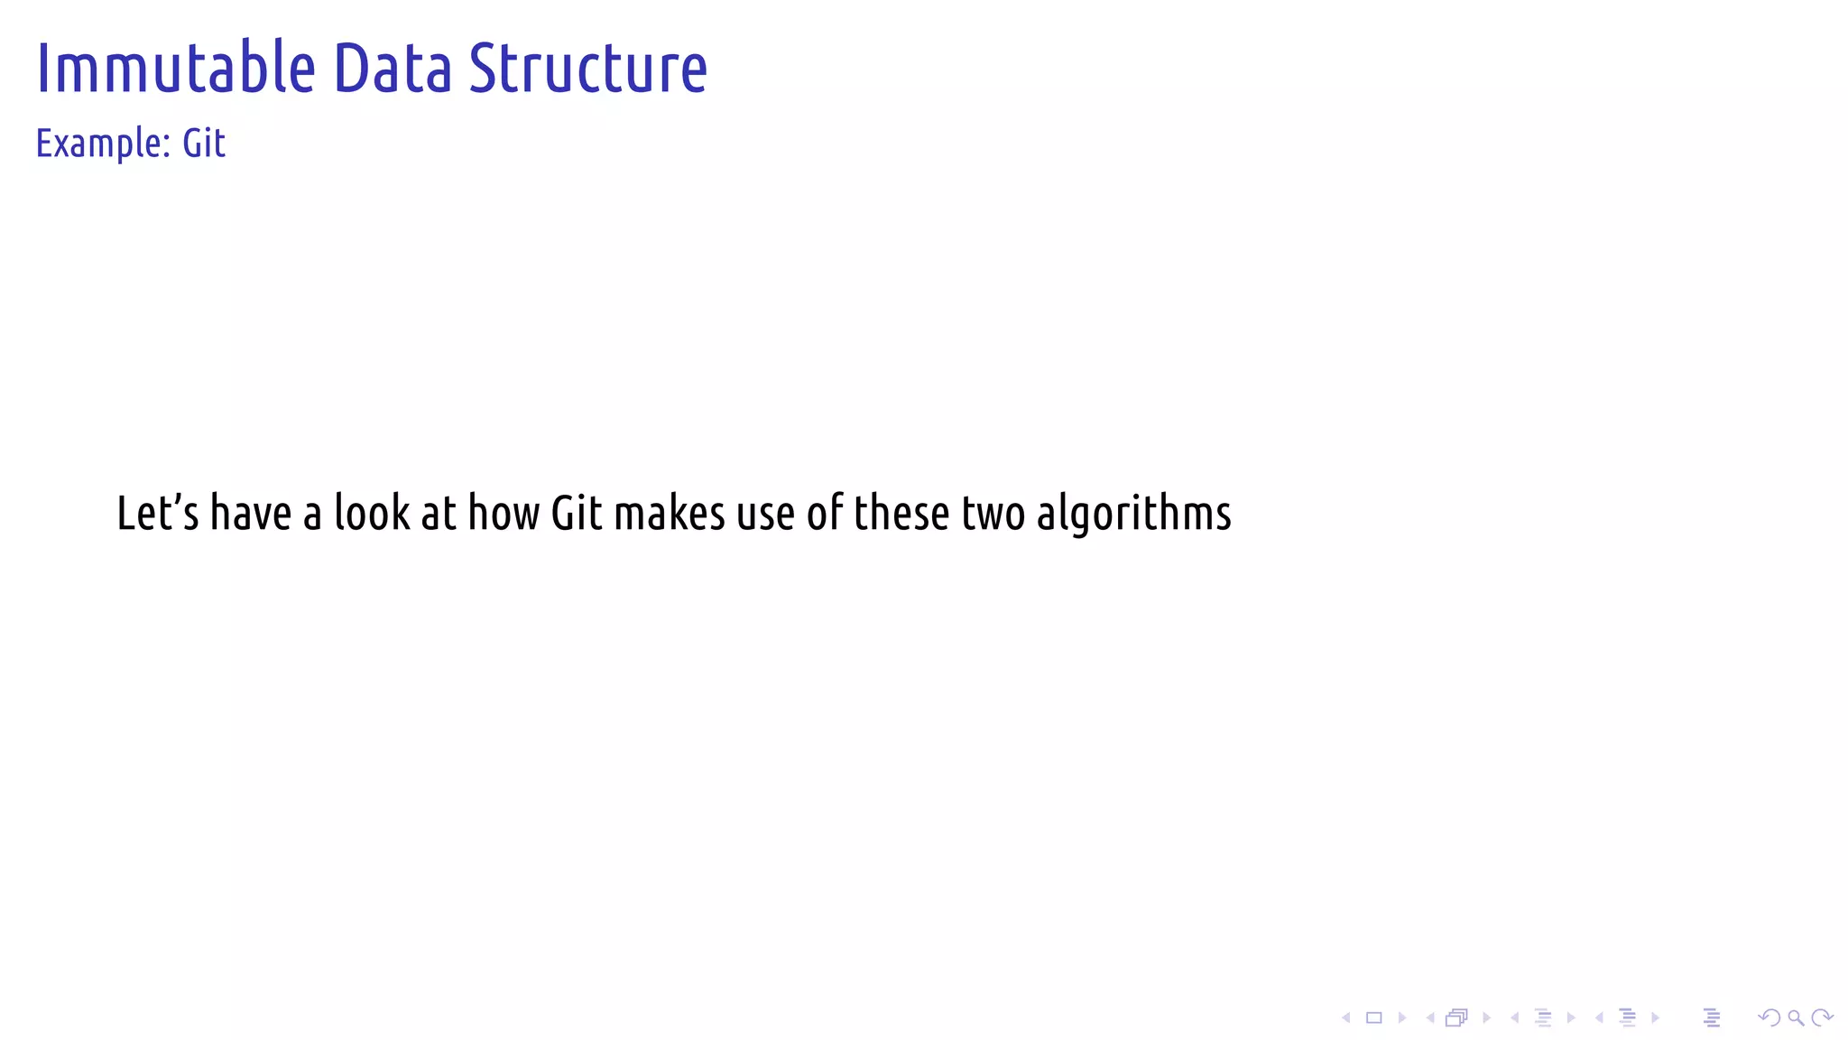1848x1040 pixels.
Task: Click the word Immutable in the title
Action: [x=176, y=69]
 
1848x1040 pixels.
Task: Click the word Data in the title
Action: [x=393, y=69]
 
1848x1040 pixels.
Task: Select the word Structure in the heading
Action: [x=588, y=69]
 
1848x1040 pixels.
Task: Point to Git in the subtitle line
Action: [x=204, y=144]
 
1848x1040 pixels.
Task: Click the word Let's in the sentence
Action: [x=158, y=513]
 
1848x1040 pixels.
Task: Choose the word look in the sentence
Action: [x=372, y=513]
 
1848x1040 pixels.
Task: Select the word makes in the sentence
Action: [x=670, y=513]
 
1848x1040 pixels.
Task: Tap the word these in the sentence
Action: [x=901, y=513]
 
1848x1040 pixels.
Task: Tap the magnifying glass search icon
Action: [x=1796, y=1018]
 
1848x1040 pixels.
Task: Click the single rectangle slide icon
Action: [x=1374, y=1018]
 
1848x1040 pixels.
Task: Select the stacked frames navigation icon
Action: [x=1456, y=1018]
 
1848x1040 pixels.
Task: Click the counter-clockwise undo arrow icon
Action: [x=1769, y=1018]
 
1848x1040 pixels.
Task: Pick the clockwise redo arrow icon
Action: [x=1822, y=1018]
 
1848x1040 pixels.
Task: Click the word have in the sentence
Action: [x=251, y=513]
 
